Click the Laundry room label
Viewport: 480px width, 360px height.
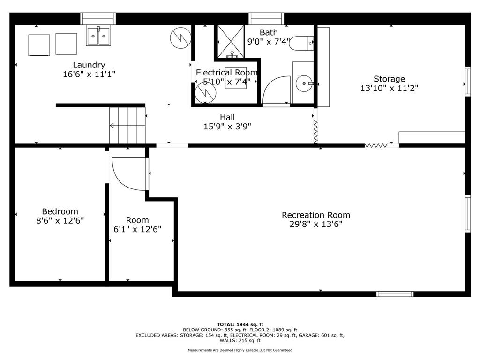point(89,65)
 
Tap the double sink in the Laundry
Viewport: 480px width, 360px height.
point(98,36)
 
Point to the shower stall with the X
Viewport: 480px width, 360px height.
point(230,41)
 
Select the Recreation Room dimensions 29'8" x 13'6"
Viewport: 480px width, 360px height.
point(315,224)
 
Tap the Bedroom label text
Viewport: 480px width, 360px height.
point(60,211)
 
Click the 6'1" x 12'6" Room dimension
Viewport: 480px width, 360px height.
point(137,229)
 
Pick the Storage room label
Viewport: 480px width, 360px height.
point(389,79)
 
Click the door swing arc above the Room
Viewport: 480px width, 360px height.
point(129,173)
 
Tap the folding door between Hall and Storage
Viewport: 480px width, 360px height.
point(315,131)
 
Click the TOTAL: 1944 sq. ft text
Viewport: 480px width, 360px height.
point(240,324)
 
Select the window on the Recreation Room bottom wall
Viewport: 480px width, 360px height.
point(395,294)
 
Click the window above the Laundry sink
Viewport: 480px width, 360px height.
point(98,18)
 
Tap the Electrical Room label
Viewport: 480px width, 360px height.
point(226,73)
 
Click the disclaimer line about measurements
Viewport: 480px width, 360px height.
point(240,350)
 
